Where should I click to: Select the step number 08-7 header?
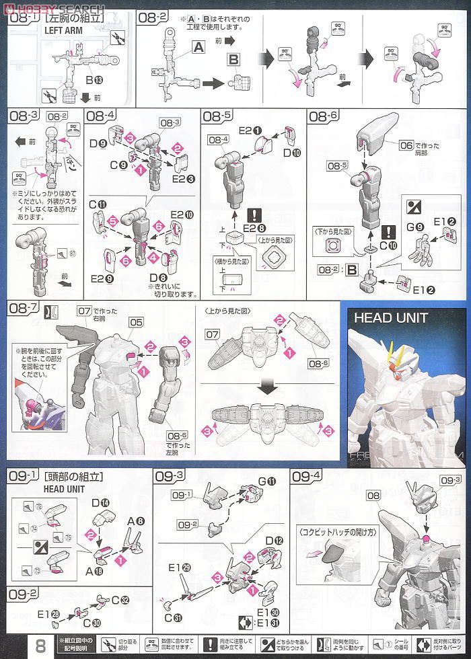(23, 308)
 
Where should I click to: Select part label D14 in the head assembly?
(100, 502)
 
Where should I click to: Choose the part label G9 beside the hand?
(416, 228)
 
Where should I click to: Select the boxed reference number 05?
(137, 322)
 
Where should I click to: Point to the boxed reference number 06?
(405, 145)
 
